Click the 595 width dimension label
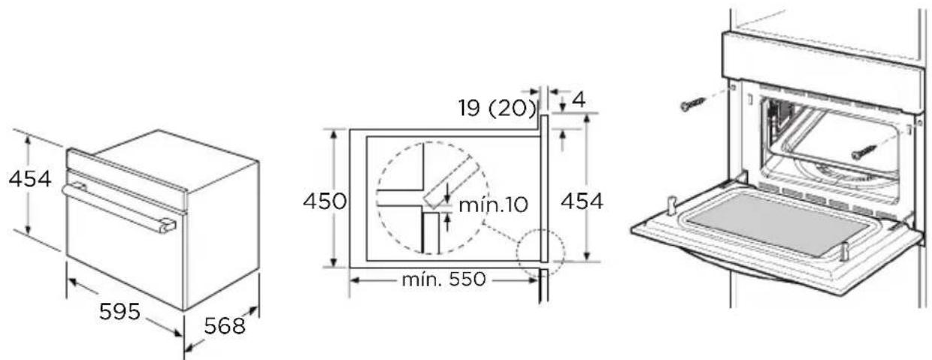(120, 311)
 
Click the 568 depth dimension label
(224, 326)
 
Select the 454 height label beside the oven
(30, 179)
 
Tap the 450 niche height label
(325, 201)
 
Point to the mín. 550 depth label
(443, 280)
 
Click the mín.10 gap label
(494, 204)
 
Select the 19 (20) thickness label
(498, 108)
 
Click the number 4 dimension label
(579, 100)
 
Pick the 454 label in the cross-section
(582, 201)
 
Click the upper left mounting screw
(692, 104)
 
